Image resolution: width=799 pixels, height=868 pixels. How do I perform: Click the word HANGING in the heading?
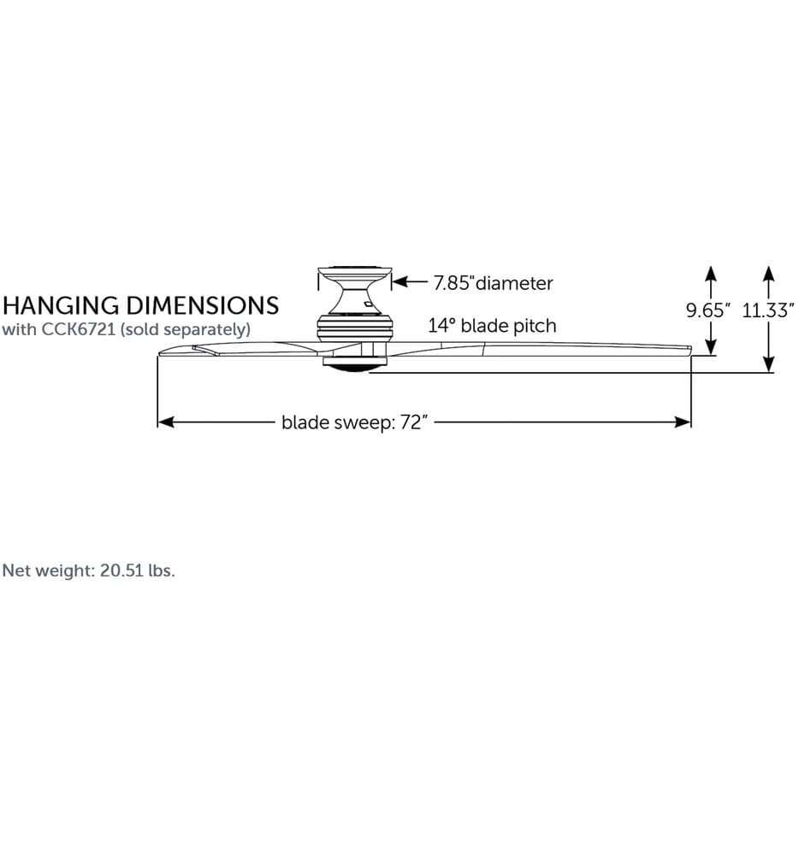pos(62,305)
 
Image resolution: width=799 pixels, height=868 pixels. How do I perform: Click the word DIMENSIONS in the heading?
pos(202,305)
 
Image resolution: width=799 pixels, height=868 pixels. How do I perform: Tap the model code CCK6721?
pos(79,329)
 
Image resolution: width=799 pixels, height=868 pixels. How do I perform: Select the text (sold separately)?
pos(186,330)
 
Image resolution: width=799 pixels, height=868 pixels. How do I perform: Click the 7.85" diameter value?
pos(454,283)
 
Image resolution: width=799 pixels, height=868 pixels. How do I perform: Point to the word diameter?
pos(514,283)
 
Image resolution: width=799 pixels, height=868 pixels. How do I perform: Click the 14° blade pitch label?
pos(492,326)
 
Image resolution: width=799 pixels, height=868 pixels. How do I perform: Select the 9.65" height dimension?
pos(708,310)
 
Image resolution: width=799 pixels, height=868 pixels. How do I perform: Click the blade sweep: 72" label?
pos(354,422)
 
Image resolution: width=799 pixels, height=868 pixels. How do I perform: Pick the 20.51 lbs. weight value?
pos(138,570)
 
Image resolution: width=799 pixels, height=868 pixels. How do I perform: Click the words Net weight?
pos(49,570)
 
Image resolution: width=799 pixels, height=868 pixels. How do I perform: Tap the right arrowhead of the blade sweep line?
pos(683,422)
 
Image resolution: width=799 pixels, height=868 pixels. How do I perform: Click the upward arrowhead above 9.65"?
pos(711,275)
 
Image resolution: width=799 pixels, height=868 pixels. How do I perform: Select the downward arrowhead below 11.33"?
pos(768,363)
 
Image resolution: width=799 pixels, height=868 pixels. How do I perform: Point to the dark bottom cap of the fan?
pos(355,365)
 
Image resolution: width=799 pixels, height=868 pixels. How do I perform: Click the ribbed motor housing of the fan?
pos(355,328)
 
